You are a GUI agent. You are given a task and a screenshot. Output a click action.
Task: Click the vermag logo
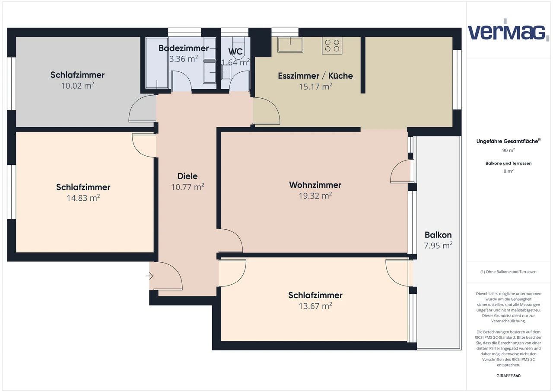tap(506, 31)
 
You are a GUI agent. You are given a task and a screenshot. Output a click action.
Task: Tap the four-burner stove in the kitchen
tap(332, 45)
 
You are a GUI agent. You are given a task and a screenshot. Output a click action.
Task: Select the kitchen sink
tap(290, 44)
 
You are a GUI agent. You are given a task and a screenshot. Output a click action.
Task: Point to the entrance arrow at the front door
tap(150, 276)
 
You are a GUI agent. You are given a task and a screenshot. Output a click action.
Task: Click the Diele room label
tap(188, 176)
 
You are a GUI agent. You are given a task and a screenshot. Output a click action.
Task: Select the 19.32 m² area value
tap(315, 196)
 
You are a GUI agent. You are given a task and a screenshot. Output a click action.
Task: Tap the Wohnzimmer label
tap(315, 185)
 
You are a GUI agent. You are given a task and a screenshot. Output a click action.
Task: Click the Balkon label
tap(438, 235)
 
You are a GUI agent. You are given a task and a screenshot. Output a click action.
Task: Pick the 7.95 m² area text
tap(438, 246)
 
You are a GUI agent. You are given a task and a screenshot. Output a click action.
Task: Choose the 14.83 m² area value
tap(83, 198)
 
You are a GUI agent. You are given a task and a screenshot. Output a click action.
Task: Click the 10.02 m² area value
tap(77, 85)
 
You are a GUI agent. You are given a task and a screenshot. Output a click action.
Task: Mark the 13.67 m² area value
tap(315, 306)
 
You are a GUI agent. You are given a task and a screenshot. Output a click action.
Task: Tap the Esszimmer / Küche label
tap(315, 76)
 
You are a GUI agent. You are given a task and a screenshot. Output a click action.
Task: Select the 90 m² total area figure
tap(508, 151)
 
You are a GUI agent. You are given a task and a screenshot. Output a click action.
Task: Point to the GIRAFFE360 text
tap(508, 376)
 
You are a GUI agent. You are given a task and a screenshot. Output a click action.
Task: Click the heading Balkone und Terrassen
tap(508, 164)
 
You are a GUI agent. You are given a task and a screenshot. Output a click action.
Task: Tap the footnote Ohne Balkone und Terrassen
tap(508, 272)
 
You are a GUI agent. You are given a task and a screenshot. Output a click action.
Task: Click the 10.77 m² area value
tap(188, 187)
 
